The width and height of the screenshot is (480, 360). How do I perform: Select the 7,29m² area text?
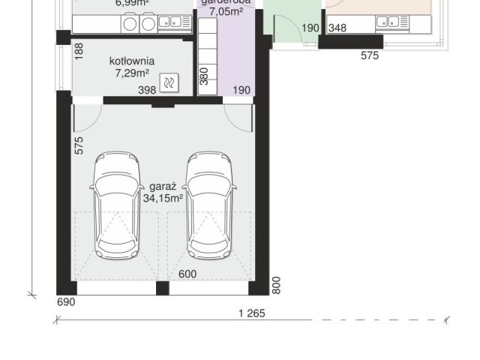point(131,73)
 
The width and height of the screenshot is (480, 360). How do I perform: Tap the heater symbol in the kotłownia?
point(171,82)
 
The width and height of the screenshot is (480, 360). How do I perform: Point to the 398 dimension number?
point(147,90)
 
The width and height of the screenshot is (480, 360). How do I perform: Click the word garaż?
point(163,186)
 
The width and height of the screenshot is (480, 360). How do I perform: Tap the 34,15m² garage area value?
point(163,198)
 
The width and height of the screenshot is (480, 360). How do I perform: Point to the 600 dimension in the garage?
point(187,274)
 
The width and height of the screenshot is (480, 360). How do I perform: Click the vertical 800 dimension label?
point(276,285)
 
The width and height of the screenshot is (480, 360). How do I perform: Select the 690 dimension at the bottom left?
point(66,302)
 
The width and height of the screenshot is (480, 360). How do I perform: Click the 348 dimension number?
point(337,28)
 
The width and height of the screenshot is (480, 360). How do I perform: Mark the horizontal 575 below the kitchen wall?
point(370,55)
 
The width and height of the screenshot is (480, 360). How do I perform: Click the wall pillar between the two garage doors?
point(162,287)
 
